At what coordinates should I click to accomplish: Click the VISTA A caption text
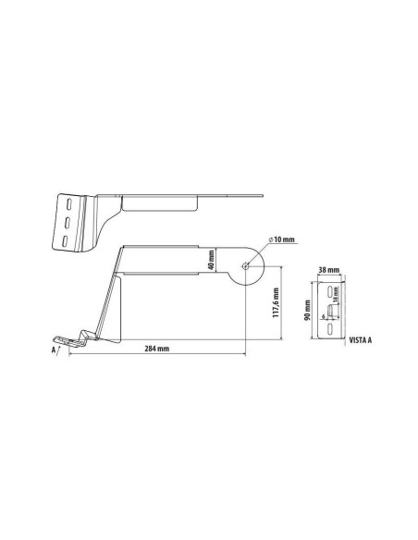point(361,340)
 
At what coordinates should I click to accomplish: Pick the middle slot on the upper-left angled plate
point(68,224)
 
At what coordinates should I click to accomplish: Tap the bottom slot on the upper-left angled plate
point(66,241)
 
